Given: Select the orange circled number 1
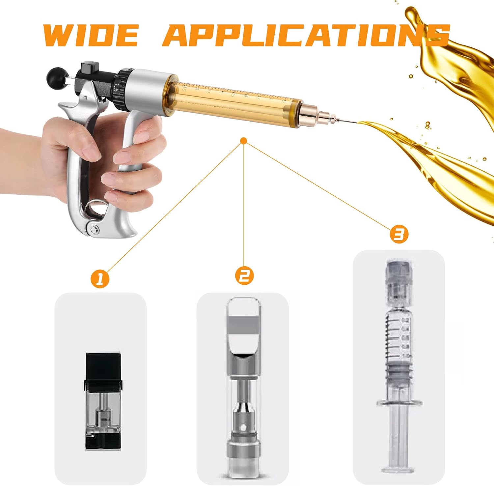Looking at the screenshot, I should point(100,279).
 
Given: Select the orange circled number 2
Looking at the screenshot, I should point(244,275).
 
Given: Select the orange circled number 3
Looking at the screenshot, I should point(399,235).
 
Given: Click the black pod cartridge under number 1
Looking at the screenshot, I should point(103,401).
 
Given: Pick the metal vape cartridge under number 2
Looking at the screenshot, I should point(244,386).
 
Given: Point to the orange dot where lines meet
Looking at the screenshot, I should point(244,141).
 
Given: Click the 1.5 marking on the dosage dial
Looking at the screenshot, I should point(116,88).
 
